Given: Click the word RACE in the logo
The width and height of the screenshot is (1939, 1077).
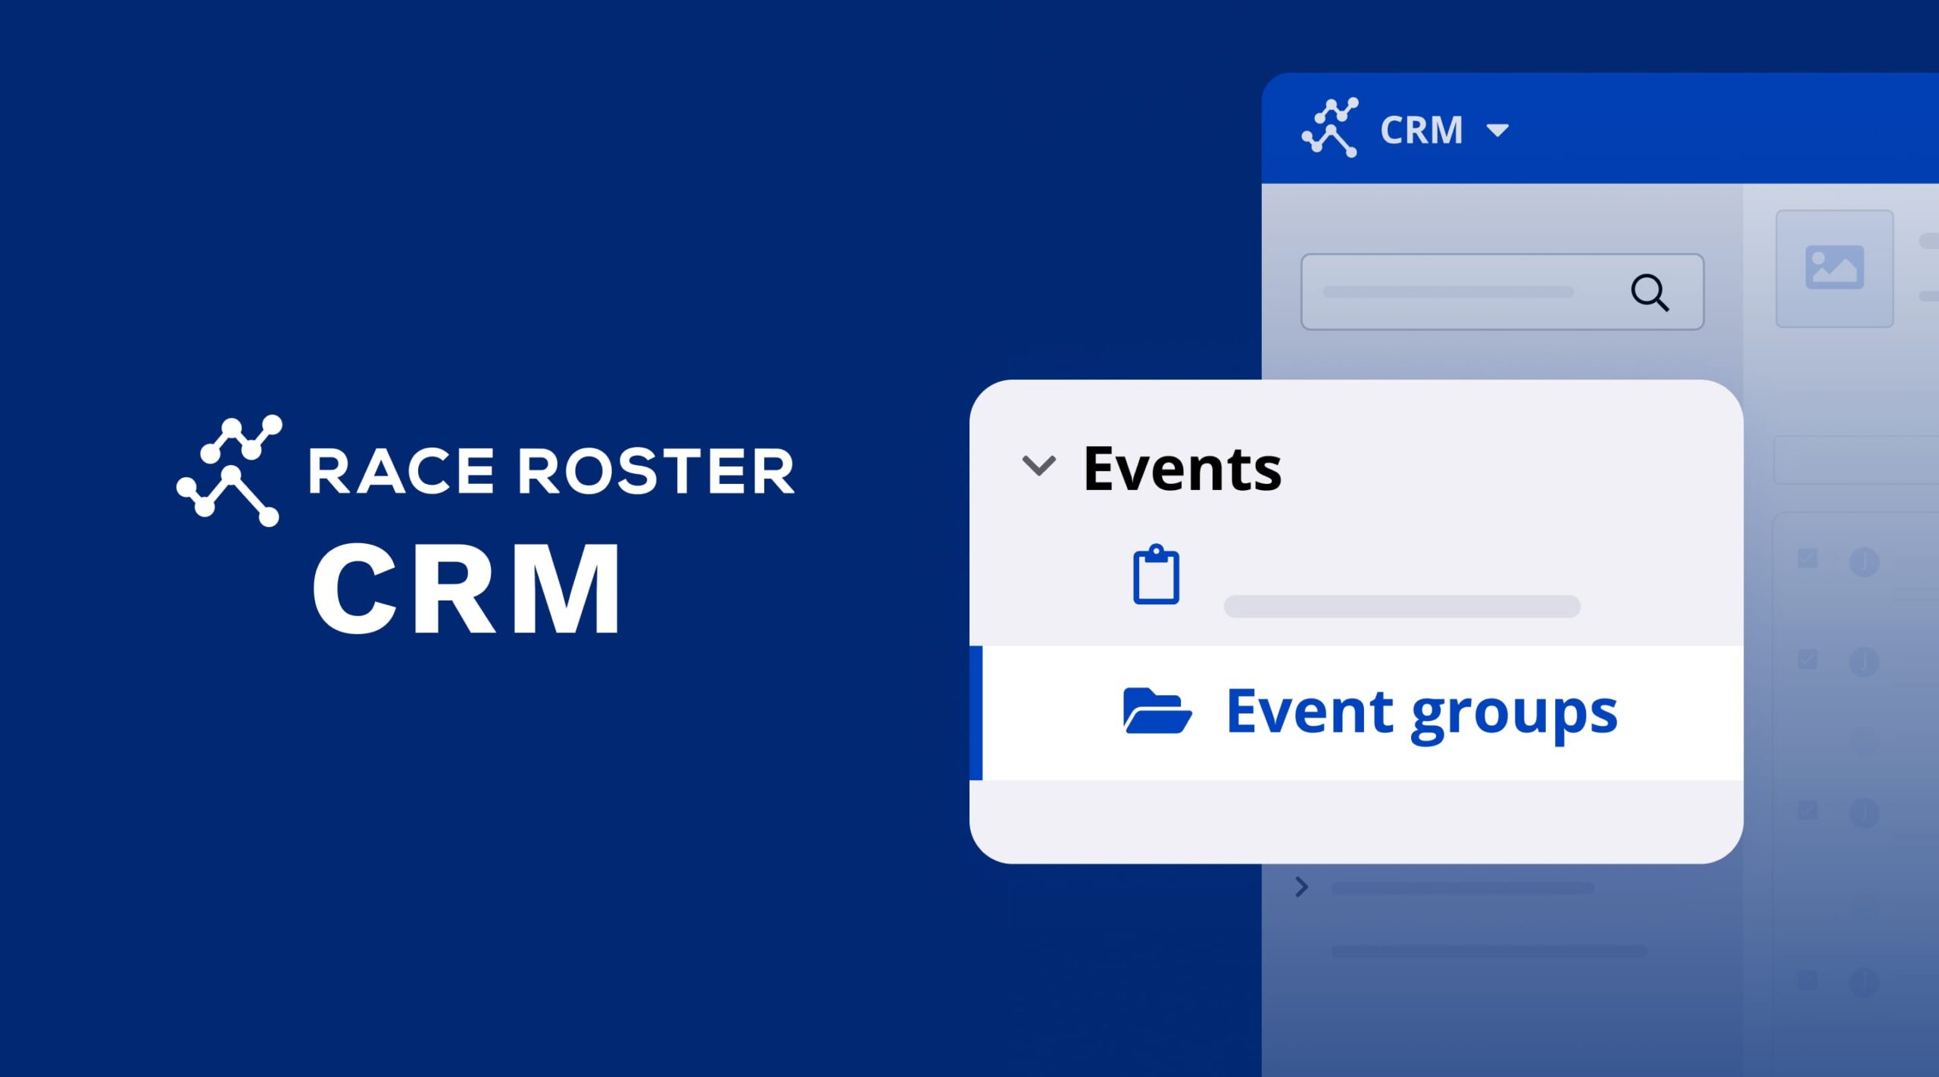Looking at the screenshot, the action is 401,471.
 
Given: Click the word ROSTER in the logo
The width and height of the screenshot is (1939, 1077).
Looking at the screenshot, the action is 656,471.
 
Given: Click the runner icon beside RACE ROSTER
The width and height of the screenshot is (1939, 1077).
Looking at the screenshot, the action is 229,470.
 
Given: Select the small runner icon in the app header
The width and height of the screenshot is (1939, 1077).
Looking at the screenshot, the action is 1330,127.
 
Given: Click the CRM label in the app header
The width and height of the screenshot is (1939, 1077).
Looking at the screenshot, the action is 1421,130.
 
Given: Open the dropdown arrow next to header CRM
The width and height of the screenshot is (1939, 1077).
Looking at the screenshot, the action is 1497,130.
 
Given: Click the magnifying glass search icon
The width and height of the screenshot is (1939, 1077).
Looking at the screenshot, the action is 1650,292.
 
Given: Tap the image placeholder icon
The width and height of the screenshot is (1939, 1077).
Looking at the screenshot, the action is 1834,267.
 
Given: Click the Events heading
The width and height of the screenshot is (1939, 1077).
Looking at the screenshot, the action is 1182,469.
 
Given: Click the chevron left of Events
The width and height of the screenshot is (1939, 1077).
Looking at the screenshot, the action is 1039,466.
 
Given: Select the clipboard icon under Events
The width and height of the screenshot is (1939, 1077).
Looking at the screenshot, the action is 1156,574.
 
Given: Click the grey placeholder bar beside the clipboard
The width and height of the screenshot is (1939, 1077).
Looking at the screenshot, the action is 1402,606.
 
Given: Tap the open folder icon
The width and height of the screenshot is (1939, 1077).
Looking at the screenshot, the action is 1157,710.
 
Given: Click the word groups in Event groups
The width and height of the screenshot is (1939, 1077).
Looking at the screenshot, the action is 1514,716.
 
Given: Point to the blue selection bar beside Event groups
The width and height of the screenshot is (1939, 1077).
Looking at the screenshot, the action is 976,713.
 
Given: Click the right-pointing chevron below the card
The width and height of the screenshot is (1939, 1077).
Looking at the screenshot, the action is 1302,887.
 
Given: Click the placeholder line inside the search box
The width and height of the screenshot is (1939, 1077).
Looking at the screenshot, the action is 1447,292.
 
